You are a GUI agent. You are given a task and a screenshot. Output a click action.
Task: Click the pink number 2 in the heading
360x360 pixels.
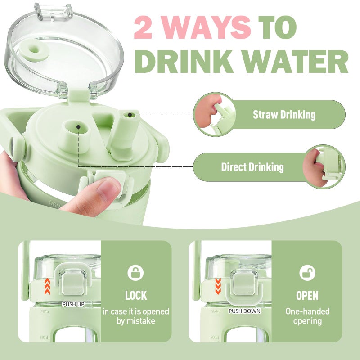point(143,27)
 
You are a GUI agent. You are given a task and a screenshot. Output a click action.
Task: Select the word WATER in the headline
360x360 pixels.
point(296,62)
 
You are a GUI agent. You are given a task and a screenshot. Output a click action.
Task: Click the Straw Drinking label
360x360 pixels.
point(284,115)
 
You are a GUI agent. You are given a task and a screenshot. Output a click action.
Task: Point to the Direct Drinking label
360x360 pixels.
point(252,167)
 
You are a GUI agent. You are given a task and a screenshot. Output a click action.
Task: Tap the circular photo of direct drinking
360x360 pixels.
point(324,167)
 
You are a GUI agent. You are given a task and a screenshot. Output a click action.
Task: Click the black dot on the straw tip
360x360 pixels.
point(130,115)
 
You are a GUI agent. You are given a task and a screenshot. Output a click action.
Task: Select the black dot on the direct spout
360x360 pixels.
point(78,127)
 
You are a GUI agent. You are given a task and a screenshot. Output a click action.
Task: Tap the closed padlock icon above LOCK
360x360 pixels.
point(135,273)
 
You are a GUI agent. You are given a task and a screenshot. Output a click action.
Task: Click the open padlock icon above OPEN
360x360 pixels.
point(307,273)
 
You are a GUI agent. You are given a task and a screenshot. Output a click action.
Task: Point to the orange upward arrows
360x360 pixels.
point(47,286)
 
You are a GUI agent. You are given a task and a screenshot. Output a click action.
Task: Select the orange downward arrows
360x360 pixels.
point(218,286)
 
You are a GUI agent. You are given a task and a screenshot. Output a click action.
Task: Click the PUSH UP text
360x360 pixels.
point(73,305)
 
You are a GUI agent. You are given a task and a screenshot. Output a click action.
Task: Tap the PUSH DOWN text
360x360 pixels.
point(244,311)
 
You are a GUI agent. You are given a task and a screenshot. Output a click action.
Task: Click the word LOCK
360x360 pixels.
point(136,296)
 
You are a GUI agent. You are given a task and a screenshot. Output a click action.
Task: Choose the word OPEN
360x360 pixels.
point(307,296)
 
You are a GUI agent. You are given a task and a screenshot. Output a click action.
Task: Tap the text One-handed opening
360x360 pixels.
point(307,316)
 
